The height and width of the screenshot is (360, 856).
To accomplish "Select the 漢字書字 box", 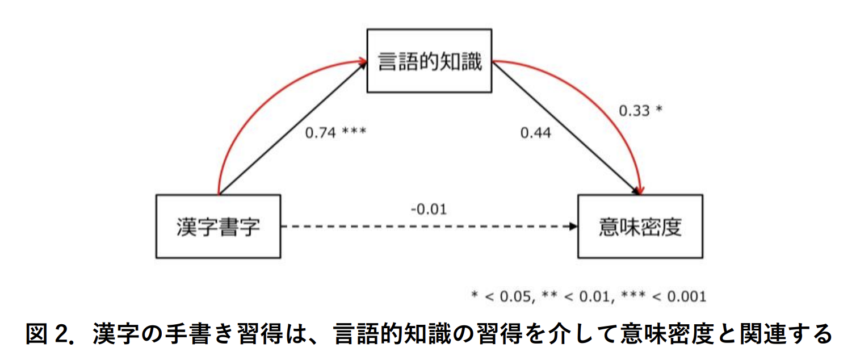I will (218, 226).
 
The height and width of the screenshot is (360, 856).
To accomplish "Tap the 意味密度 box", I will (640, 226).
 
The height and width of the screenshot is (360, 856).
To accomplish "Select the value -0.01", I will (429, 209).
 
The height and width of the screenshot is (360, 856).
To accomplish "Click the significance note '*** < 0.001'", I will (664, 296).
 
